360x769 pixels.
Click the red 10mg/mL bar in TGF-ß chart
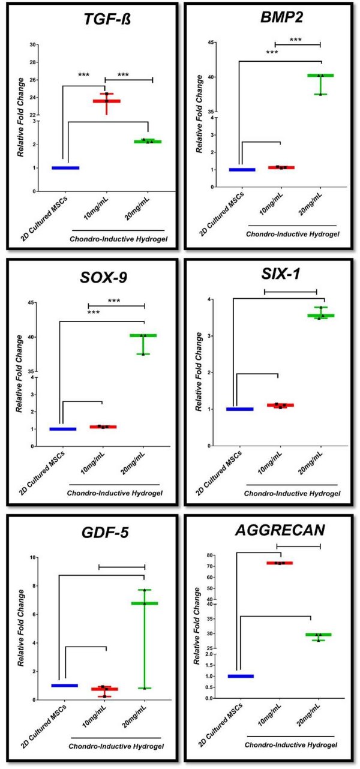click(106, 101)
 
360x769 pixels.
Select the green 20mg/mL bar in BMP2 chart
click(320, 76)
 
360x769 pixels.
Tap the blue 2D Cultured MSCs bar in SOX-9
click(63, 429)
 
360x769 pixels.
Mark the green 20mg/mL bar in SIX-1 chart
click(320, 316)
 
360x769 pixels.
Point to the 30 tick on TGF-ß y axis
click(34, 44)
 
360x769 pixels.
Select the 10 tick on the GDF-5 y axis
click(35, 557)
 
